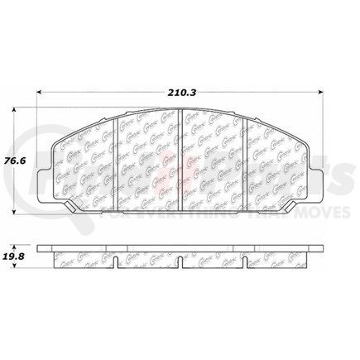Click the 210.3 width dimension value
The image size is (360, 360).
[x=180, y=82]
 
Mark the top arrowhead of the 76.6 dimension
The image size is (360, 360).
[x=19, y=111]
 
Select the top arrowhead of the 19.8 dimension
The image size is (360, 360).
[x=19, y=244]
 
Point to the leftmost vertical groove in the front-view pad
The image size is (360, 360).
[x=120, y=157]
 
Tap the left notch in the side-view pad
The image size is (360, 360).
[x=120, y=265]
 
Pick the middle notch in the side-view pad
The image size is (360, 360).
[x=181, y=265]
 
